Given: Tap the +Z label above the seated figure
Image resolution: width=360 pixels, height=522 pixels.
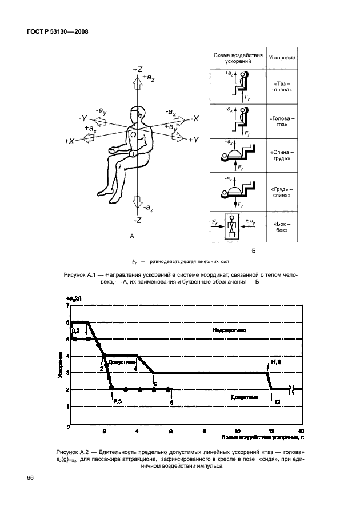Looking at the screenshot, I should point(137,69).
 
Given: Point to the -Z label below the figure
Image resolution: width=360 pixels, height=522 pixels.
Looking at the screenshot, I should point(137,220).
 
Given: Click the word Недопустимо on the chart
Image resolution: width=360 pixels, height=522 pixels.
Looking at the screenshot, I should point(228,330).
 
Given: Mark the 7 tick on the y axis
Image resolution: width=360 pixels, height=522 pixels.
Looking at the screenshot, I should point(67,306).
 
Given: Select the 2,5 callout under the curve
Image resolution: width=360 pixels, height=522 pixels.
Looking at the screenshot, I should point(117,401).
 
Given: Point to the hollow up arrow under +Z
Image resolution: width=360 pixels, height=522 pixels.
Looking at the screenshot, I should point(137,85).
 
